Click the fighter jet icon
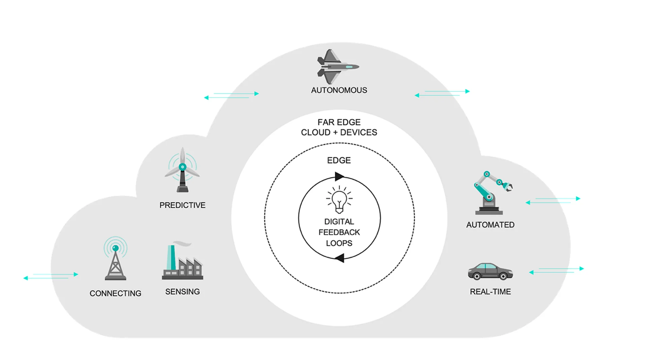tap(337, 67)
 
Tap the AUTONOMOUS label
tap(339, 90)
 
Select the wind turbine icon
tap(182, 170)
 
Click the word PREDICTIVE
tap(182, 205)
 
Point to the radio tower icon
tap(116, 259)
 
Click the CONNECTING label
tap(115, 294)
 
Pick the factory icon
tap(182, 263)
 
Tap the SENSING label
tap(182, 292)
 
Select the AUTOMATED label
tap(490, 225)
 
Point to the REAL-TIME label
tap(490, 292)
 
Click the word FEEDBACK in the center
tap(339, 232)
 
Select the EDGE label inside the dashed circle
tap(339, 160)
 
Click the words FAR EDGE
tap(339, 122)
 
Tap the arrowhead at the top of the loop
tap(339, 176)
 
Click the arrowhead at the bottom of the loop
tap(340, 258)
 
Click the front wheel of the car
tap(503, 276)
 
